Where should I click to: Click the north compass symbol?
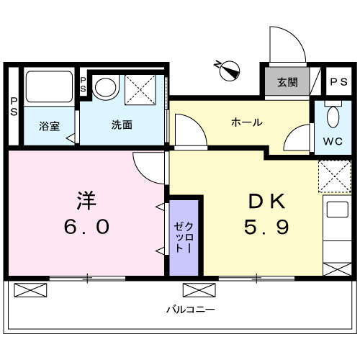[230, 71]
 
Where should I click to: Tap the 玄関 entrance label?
[287, 82]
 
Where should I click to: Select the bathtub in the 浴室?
[49, 86]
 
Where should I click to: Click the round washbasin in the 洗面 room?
[106, 87]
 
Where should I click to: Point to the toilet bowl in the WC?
[333, 117]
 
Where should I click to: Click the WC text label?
[333, 141]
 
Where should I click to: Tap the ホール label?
[247, 122]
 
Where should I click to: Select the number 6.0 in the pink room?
[86, 227]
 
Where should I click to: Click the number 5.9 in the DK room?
[266, 227]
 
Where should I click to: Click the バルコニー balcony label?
[191, 310]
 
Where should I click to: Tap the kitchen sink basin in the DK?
[338, 210]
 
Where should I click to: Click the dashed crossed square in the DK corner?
[335, 176]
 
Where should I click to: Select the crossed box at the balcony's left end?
[30, 290]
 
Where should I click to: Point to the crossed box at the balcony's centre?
[199, 290]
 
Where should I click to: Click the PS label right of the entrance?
[338, 82]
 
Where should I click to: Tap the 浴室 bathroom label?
[49, 126]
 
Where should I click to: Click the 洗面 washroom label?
[122, 125]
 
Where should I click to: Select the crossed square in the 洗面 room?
[140, 89]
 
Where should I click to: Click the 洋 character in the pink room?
[86, 200]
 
